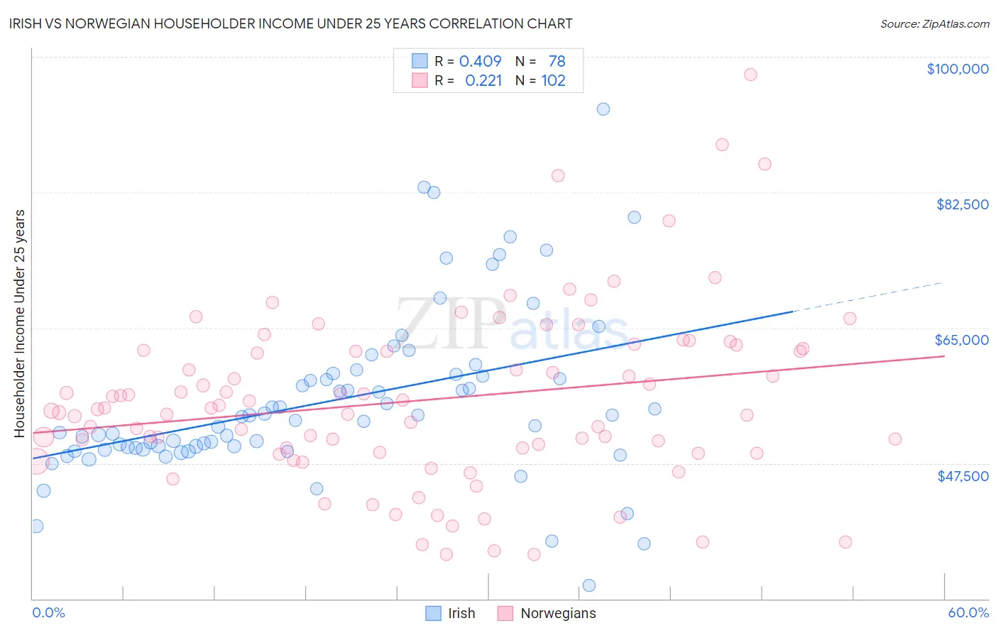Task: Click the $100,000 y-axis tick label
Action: (x=957, y=69)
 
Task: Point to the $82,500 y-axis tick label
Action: (x=962, y=204)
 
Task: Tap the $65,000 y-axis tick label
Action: (x=961, y=340)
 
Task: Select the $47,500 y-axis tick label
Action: (x=963, y=476)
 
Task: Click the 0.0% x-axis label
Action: (x=48, y=612)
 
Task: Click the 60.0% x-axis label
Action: (x=967, y=612)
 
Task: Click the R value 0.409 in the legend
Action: (x=480, y=62)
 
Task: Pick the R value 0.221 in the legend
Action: (x=483, y=81)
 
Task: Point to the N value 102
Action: (x=553, y=81)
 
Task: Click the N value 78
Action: (x=556, y=62)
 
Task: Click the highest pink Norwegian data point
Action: (x=750, y=75)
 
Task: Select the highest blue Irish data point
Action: (x=603, y=109)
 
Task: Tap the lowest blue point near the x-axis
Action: (x=588, y=585)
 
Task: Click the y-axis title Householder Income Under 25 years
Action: (x=19, y=323)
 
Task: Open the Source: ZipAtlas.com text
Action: (x=934, y=24)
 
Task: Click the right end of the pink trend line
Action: (x=943, y=356)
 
